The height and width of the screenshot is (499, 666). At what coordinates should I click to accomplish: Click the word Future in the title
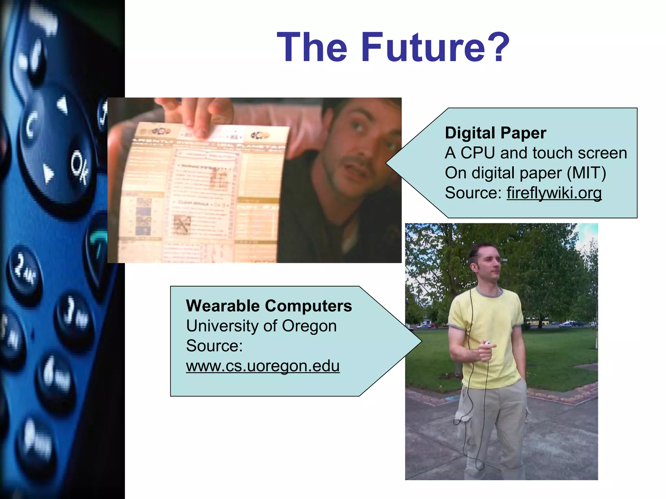[x=423, y=47]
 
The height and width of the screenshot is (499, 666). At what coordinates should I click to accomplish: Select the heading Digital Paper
[x=495, y=133]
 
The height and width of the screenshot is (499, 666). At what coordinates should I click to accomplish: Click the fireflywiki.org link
[x=554, y=193]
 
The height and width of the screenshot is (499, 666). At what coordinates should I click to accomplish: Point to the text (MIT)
[x=586, y=173]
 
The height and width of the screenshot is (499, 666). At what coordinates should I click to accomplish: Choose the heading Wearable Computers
[x=269, y=306]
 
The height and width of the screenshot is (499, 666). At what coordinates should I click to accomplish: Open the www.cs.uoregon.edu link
[x=263, y=366]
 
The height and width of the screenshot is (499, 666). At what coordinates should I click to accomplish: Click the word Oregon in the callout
[x=309, y=326]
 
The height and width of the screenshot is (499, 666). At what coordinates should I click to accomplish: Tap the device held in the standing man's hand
[x=487, y=343]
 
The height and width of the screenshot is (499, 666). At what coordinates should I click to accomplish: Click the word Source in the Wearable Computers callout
[x=214, y=346]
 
